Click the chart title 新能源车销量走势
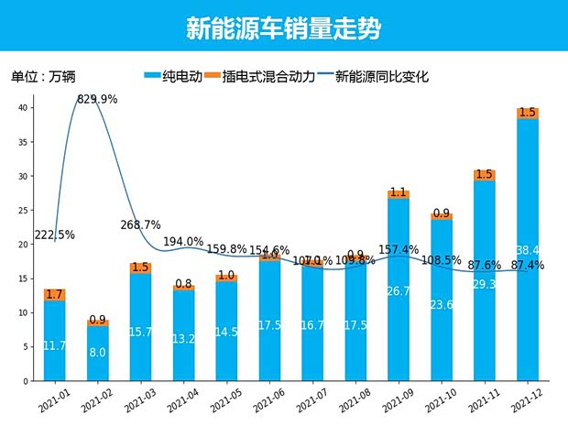pos(283,28)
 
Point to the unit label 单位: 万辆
pos(43,77)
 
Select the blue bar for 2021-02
pos(98,353)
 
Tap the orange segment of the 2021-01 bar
pos(55,295)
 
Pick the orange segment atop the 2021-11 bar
pos(484,175)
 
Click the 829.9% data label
pos(97,99)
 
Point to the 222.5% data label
pos(54,235)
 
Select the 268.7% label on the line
pos(140,224)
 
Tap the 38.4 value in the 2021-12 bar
pos(527,250)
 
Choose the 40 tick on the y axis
pos(27,107)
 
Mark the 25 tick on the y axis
pos(27,210)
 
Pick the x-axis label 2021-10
pos(439,400)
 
